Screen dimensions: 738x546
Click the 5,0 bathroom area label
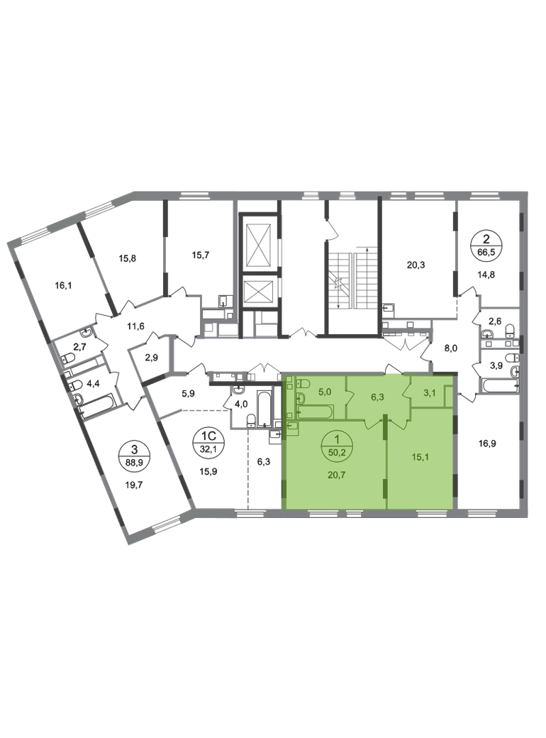(325, 389)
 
